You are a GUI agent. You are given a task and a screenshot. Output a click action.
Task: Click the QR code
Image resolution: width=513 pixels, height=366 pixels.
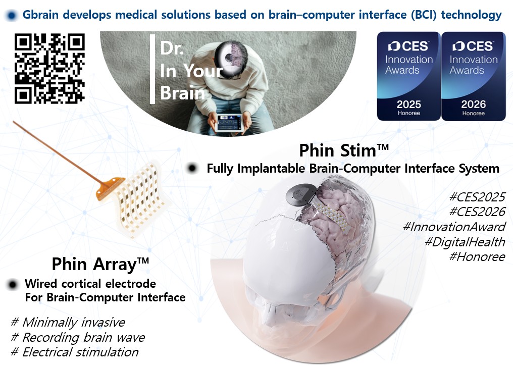[49, 68]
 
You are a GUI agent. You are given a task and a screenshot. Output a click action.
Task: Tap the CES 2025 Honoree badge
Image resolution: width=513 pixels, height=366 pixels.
[408, 76]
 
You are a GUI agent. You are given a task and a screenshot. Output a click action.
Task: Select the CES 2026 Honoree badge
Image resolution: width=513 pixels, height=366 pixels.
[474, 76]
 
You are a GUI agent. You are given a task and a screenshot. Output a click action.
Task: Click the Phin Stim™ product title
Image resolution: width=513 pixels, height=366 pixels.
[344, 150]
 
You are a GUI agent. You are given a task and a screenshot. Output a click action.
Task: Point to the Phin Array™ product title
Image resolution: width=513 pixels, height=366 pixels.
[100, 265]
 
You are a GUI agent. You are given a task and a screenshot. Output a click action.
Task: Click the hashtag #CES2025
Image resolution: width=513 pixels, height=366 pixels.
[477, 197]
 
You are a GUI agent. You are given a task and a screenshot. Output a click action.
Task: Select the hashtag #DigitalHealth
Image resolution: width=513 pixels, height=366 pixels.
[465, 242]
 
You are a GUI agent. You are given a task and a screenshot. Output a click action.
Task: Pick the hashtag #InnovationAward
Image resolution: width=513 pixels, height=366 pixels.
[454, 227]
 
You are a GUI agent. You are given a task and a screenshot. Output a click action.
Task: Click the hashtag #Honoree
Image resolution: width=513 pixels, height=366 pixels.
[477, 257]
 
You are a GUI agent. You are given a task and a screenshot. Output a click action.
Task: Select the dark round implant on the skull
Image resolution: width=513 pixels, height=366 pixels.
[300, 195]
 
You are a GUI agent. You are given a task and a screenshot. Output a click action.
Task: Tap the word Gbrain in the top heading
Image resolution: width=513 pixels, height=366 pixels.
[42, 15]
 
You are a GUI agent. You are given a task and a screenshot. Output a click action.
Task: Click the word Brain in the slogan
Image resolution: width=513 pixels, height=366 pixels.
[182, 93]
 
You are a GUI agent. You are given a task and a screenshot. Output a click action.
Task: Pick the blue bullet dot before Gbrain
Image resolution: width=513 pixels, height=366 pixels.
[12, 15]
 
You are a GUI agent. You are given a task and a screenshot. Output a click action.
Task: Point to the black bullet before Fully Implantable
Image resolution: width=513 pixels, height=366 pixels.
[192, 169]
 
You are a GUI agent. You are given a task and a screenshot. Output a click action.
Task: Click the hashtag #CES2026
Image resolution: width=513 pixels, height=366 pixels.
[477, 212]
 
